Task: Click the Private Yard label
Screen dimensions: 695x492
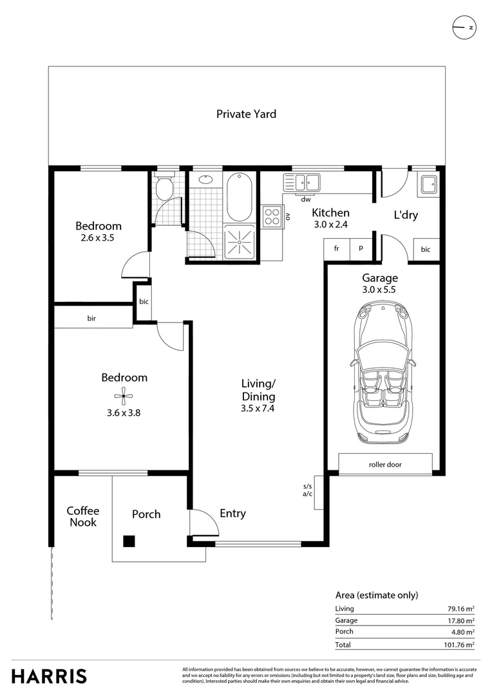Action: pyautogui.click(x=246, y=114)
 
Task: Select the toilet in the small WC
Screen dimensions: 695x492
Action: pyautogui.click(x=164, y=188)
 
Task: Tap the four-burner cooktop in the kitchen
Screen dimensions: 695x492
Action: pyautogui.click(x=271, y=216)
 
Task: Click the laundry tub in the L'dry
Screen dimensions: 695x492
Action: pyautogui.click(x=427, y=185)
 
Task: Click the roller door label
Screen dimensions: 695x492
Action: pyautogui.click(x=385, y=464)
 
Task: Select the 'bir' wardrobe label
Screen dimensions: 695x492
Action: pyautogui.click(x=92, y=318)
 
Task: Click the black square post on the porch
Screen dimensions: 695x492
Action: pyautogui.click(x=129, y=541)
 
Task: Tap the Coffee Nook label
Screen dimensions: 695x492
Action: pyautogui.click(x=82, y=517)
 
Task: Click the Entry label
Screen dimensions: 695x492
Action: pyautogui.click(x=232, y=514)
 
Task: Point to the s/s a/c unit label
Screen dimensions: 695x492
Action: pyautogui.click(x=307, y=490)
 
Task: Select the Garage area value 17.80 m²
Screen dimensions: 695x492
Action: pyautogui.click(x=461, y=620)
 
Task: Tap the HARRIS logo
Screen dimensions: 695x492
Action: pyautogui.click(x=49, y=676)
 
